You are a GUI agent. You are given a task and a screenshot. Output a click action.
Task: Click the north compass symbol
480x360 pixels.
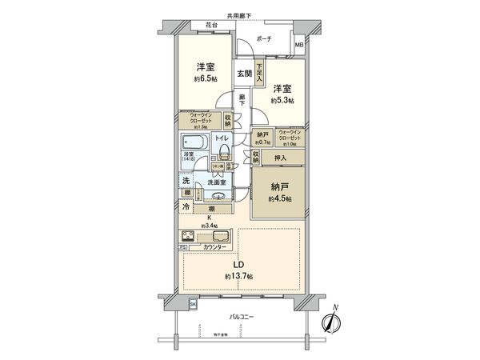click(333, 322)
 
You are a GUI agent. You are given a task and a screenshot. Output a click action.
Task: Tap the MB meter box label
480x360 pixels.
click(298, 46)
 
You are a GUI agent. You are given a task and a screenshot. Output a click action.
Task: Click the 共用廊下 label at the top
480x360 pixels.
click(239, 16)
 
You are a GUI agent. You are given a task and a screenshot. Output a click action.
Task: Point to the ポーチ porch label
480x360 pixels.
click(264, 40)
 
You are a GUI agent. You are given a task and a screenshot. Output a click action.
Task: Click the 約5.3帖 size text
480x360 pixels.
click(281, 101)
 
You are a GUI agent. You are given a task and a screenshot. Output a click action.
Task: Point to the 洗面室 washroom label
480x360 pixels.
click(218, 182)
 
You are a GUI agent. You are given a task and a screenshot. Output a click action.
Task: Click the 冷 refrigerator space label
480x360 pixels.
click(184, 208)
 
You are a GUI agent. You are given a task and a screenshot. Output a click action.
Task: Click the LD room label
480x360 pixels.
click(238, 265)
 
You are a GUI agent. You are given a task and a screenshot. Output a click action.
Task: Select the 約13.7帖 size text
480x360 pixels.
click(238, 276)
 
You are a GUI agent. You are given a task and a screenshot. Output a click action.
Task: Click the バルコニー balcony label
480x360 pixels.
click(241, 318)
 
